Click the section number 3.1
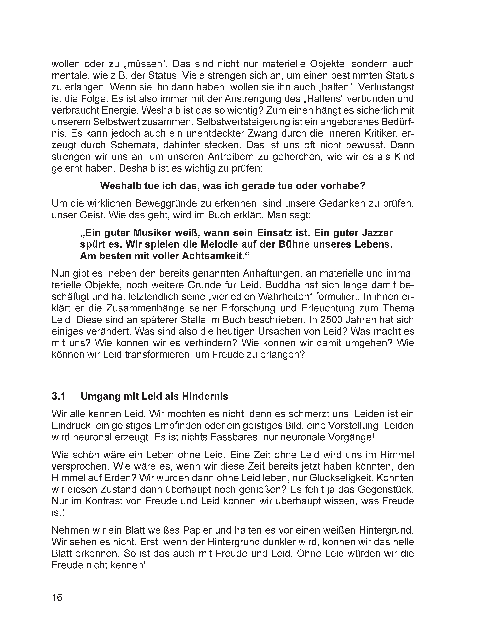59,397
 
